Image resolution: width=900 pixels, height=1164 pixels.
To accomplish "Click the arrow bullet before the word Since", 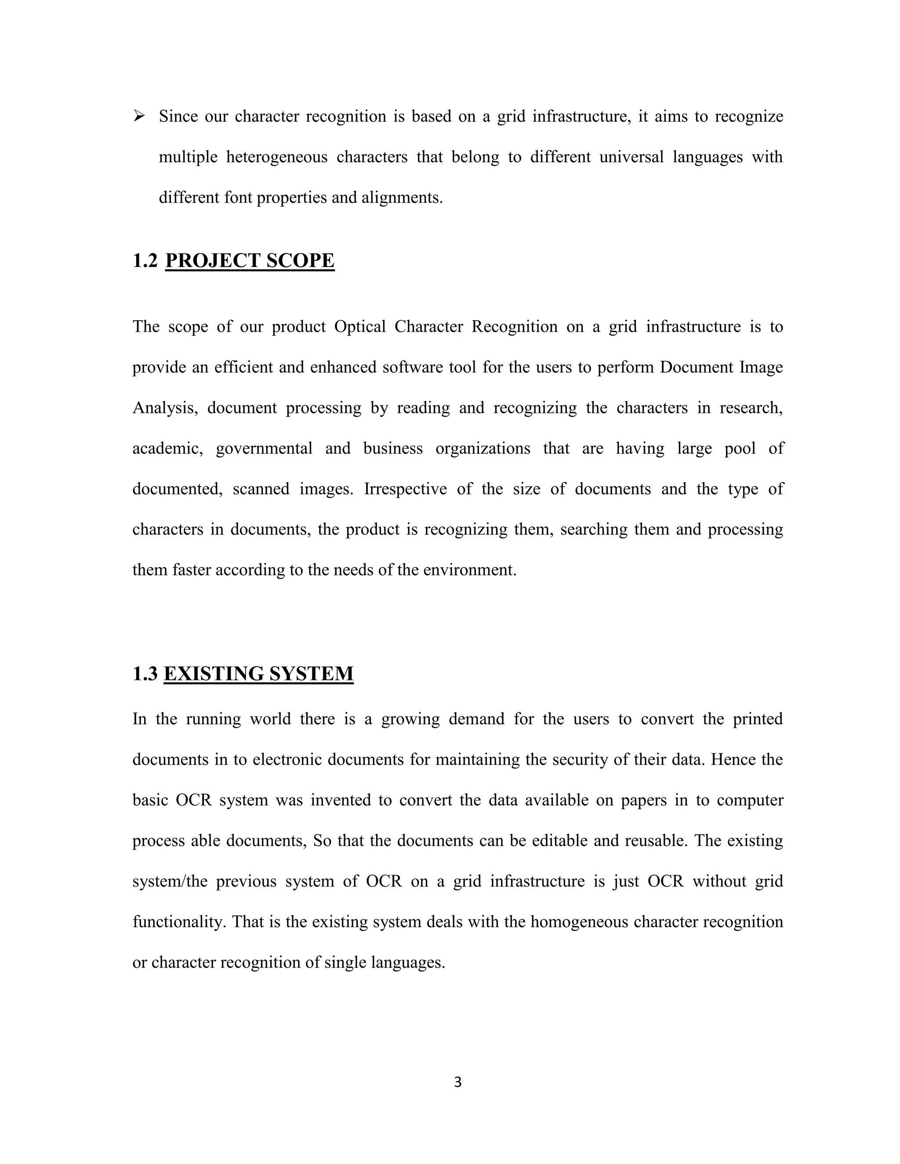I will click(139, 116).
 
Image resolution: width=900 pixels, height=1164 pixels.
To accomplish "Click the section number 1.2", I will click(145, 260).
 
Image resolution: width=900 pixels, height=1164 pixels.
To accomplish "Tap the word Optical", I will click(360, 326).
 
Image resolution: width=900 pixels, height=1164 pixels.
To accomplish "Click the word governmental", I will click(264, 448).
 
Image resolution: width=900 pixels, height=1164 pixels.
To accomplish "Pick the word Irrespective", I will click(405, 489).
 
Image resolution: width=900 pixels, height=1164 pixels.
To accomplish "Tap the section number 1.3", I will click(145, 674).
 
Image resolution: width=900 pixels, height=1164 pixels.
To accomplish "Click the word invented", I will click(340, 800).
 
